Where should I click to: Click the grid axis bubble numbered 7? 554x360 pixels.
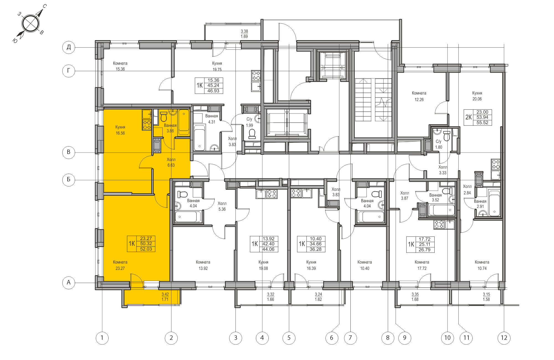(x=350, y=338)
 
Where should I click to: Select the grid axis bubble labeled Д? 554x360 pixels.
(x=69, y=47)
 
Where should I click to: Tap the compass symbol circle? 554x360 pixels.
(x=30, y=24)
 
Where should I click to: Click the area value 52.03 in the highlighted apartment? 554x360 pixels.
(x=146, y=249)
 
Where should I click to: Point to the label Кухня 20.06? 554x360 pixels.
(x=477, y=96)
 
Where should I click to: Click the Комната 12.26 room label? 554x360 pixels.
(x=419, y=96)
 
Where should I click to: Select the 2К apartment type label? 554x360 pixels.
(x=468, y=117)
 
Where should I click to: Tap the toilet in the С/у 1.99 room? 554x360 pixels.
(x=252, y=134)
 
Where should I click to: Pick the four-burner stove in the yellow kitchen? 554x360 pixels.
(x=147, y=125)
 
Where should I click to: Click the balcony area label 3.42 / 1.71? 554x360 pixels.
(x=165, y=297)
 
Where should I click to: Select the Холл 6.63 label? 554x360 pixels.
(x=171, y=162)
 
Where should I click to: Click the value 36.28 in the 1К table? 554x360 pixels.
(x=316, y=249)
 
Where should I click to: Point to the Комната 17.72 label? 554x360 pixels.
(x=422, y=265)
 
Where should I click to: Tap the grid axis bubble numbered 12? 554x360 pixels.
(x=504, y=338)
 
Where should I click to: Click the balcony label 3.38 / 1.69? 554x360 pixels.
(x=244, y=34)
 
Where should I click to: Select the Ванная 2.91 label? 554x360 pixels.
(x=480, y=204)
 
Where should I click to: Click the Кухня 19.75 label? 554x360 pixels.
(x=217, y=66)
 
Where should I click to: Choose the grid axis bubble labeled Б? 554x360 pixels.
(x=69, y=180)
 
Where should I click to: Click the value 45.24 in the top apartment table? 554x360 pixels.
(x=213, y=85)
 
